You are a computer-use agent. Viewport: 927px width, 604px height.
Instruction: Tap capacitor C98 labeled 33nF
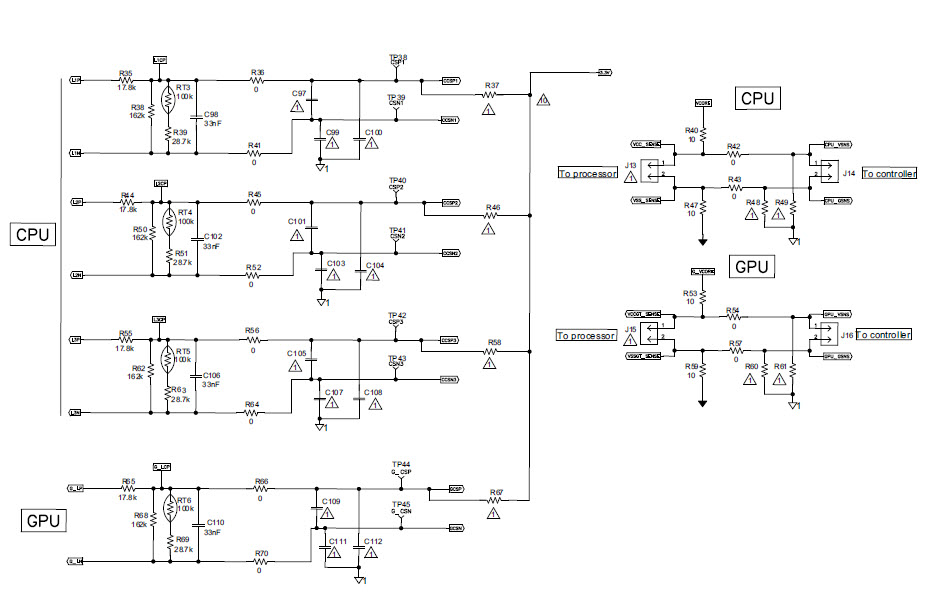[196, 116]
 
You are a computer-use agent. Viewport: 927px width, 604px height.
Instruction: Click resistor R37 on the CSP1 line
[489, 95]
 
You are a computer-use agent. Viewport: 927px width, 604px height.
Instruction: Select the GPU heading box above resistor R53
[750, 267]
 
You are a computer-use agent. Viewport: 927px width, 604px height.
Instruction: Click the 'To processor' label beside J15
[586, 336]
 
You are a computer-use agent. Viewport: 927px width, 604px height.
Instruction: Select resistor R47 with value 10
[703, 211]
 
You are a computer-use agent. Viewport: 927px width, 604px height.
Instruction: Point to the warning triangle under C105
[295, 367]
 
